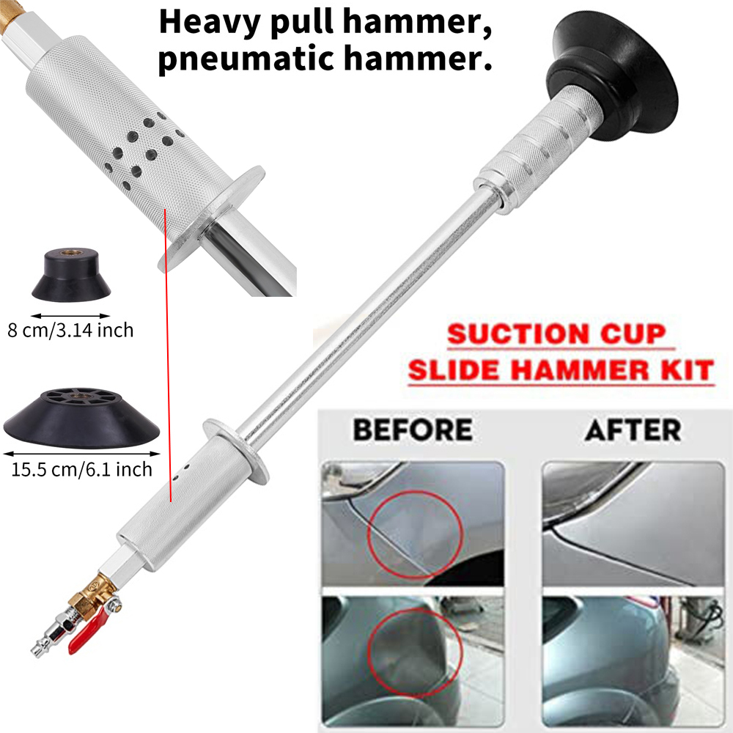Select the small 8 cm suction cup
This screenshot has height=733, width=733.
pos(71,276)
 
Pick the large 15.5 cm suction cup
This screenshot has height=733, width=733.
pos(81,418)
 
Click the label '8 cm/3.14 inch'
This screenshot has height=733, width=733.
pos(70,331)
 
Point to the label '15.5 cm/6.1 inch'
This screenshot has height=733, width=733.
pos(82,469)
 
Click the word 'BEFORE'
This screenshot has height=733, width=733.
pos(412,430)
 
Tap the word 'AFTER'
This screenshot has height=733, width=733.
pos(633,430)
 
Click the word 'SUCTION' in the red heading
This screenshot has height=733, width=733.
pos(517,335)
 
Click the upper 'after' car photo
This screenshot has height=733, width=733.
pos(633,523)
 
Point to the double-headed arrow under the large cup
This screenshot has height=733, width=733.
pos(82,454)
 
